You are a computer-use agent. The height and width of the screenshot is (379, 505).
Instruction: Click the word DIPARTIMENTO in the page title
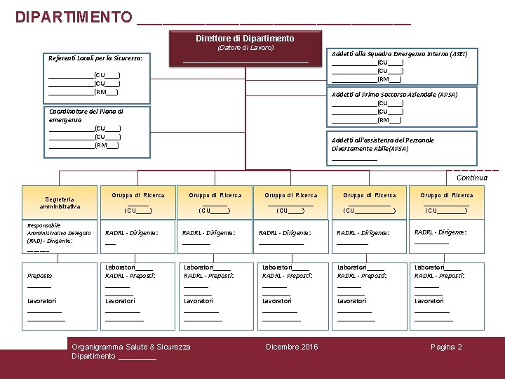point(73,16)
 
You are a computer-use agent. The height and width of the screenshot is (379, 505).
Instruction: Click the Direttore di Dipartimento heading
point(245,38)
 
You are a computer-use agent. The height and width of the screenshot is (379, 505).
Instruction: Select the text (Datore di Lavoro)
point(245,48)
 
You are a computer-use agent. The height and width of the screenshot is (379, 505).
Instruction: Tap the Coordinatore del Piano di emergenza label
point(86,115)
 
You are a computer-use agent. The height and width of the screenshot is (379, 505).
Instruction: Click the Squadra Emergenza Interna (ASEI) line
point(399,53)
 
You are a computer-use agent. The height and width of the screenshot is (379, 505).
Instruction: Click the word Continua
point(472,178)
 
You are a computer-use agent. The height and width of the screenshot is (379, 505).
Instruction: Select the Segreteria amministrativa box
point(60,202)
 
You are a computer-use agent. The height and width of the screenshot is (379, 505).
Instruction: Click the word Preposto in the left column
point(39,276)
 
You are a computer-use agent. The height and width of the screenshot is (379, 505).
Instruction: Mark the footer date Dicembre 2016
point(292,347)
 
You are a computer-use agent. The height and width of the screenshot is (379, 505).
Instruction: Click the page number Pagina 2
point(446,347)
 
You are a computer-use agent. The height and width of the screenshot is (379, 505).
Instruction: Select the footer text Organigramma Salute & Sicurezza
point(131,347)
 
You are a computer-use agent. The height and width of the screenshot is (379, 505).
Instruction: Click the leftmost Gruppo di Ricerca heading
point(138,195)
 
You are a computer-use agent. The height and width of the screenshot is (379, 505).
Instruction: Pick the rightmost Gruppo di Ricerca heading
point(446,195)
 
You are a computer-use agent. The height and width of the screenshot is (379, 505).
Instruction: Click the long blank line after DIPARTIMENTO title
point(274,20)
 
